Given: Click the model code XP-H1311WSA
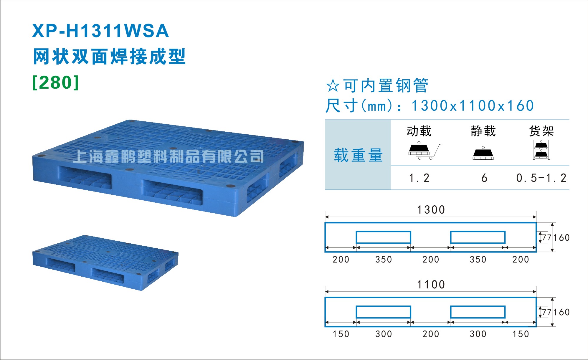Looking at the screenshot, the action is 100,31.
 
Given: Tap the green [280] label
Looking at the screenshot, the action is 56,82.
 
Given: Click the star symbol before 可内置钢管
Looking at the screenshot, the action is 333,86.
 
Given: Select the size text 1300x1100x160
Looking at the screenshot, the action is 473,106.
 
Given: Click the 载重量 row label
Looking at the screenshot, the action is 358,155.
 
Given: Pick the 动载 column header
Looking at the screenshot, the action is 419,131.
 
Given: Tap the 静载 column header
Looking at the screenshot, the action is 483,131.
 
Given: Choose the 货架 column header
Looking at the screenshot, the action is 541,131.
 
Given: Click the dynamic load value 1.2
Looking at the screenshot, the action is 419,178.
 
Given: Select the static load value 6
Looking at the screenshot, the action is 484,178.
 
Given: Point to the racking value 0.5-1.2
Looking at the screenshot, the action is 541,178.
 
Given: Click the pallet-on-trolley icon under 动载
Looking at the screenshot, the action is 425,151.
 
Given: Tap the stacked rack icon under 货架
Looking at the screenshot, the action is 541,150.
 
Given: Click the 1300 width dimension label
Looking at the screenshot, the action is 431,210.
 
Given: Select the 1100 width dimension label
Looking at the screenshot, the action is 431,285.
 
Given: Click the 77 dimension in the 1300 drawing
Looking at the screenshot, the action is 546,237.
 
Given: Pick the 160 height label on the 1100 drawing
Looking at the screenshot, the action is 561,312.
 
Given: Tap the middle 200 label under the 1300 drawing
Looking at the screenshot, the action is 431,260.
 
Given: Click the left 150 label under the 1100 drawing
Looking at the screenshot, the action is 341,334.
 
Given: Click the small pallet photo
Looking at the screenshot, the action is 105,263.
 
